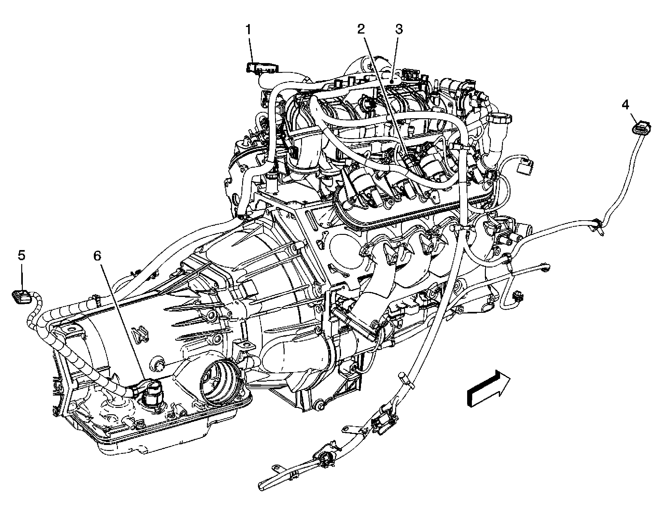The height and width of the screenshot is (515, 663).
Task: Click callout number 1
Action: click(249, 30)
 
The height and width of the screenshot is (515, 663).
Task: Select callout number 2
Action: click(361, 29)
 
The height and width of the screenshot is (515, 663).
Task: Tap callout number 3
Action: click(398, 29)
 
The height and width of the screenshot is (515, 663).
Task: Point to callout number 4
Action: click(625, 105)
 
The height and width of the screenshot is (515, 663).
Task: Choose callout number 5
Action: click(21, 255)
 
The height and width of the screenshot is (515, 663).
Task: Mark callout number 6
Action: click(97, 255)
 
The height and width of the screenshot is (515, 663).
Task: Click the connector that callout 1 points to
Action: click(261, 68)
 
